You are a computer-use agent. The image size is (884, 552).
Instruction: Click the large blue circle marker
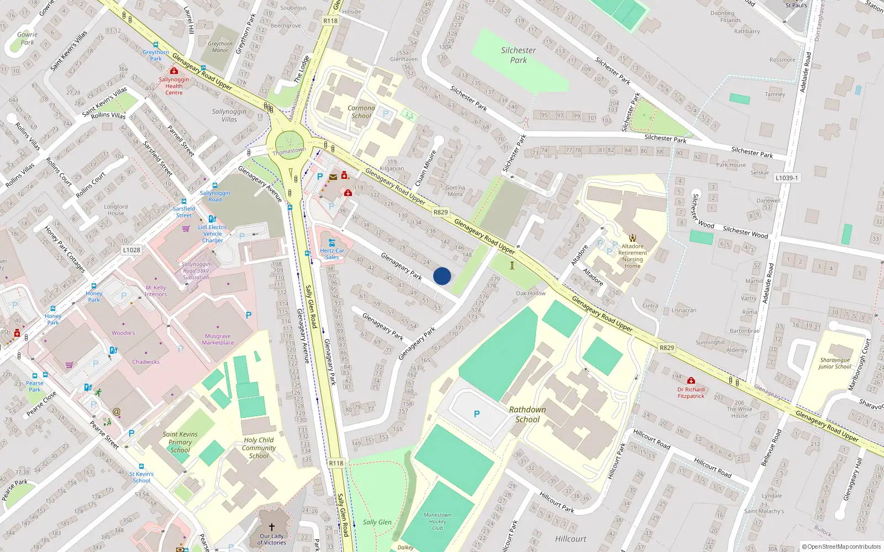(442, 276)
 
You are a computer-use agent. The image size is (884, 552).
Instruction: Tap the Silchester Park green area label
(518, 55)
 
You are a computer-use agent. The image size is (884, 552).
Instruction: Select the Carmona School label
(361, 112)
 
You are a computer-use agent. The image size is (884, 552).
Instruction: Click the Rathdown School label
(527, 415)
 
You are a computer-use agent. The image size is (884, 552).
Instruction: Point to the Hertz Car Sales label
(332, 254)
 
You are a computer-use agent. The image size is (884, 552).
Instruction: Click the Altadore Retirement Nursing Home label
(633, 256)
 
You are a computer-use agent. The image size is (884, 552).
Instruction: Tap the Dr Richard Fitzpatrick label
(691, 392)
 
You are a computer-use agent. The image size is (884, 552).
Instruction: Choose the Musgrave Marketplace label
(218, 339)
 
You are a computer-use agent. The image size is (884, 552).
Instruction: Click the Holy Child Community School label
(259, 448)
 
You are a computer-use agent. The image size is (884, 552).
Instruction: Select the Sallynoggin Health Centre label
(174, 86)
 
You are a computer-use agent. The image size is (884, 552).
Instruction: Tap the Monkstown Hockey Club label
(438, 521)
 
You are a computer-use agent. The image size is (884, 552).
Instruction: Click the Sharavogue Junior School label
(835, 363)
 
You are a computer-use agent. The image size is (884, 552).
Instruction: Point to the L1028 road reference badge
(131, 250)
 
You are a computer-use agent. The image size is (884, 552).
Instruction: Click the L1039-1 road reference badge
(787, 178)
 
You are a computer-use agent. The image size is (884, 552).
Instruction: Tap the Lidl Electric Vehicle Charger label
(213, 234)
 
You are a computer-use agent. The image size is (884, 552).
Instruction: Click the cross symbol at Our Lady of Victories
(272, 527)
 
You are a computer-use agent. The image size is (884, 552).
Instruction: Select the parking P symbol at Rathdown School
(477, 414)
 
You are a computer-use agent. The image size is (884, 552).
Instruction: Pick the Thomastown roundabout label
(289, 151)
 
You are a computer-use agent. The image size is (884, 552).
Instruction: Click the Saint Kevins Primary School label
(180, 442)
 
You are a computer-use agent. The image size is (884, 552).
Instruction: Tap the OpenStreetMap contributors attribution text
(841, 546)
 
